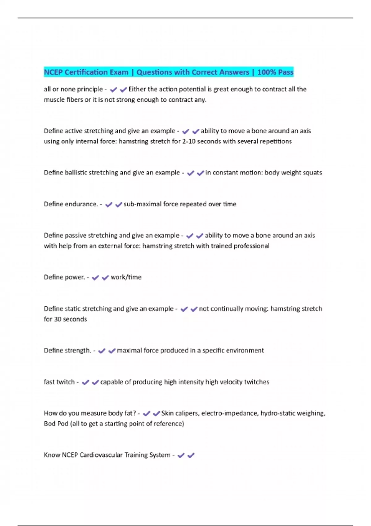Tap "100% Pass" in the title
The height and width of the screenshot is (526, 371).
(275, 72)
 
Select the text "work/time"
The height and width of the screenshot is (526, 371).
(126, 277)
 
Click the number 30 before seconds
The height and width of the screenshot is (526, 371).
(58, 319)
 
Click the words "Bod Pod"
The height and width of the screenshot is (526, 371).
(56, 424)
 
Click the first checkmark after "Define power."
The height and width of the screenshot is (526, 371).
(96, 278)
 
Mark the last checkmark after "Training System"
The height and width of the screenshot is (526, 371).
(191, 455)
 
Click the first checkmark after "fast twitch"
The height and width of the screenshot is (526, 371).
(86, 382)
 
